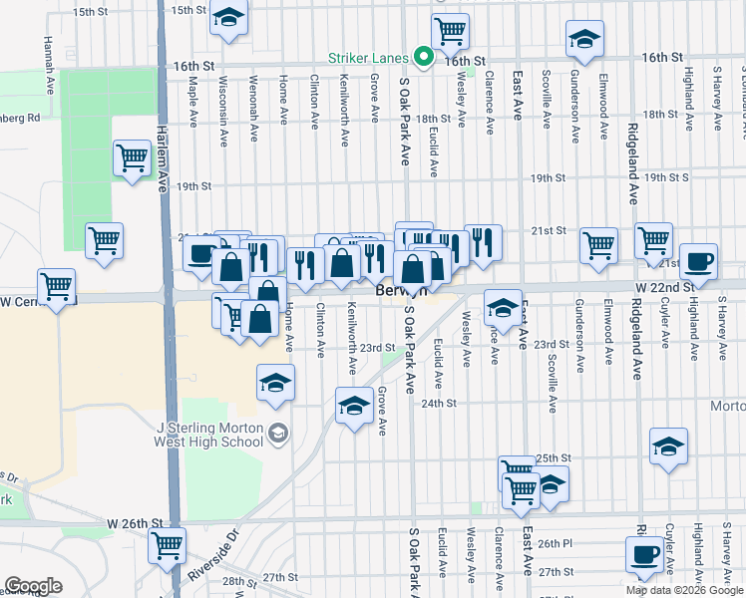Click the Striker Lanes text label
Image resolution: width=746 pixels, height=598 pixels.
372,58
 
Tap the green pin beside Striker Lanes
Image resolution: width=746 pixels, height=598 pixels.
423,57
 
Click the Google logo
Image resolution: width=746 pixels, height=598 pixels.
33,586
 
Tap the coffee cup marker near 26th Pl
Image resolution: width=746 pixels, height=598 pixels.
644,554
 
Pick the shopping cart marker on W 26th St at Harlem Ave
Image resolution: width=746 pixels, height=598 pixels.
167,545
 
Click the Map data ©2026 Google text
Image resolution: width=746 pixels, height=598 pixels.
683,590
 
